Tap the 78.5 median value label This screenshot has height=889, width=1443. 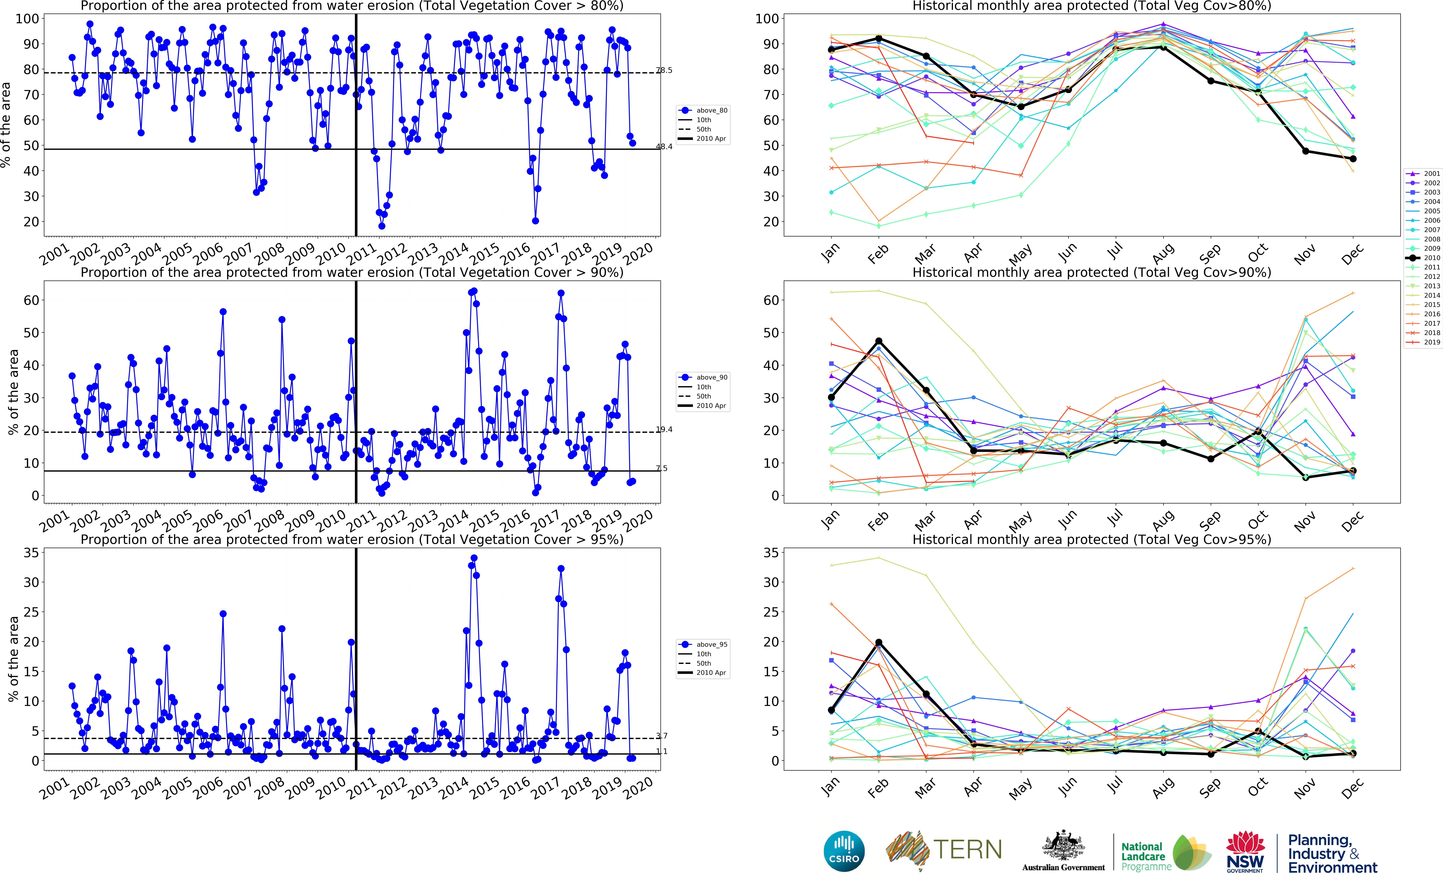tap(664, 70)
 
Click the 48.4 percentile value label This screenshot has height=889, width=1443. tap(664, 146)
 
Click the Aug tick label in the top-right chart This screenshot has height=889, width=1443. tap(1163, 254)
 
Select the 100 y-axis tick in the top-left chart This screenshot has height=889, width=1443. tap(27, 19)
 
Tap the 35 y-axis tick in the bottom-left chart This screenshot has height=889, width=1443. tap(31, 553)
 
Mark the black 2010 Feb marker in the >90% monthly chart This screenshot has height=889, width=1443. tap(879, 341)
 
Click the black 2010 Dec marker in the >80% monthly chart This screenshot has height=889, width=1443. tap(1353, 159)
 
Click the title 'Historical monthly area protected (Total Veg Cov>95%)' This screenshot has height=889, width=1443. tap(1092, 539)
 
